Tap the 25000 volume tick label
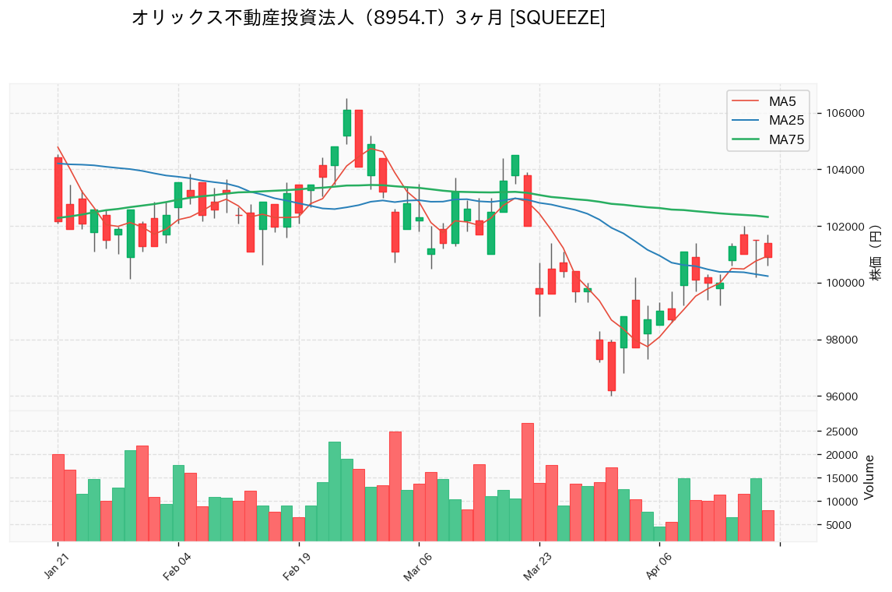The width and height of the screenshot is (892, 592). click(842, 432)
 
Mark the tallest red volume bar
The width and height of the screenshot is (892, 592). click(528, 481)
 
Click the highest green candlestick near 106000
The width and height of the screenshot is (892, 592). click(347, 123)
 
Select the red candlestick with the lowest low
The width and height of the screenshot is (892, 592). click(612, 366)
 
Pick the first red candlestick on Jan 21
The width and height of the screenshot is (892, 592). click(58, 189)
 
